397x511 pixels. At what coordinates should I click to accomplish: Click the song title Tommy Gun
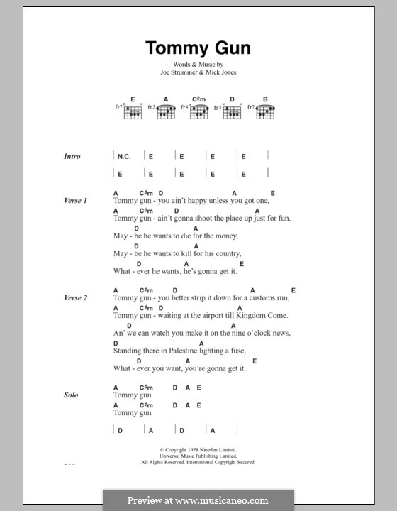click(198, 48)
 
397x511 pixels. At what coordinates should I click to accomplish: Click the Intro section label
click(72, 156)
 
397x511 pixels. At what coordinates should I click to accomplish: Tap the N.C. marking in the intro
click(125, 156)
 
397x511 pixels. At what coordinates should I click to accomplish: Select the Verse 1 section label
click(74, 202)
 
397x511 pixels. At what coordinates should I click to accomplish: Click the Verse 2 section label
click(74, 298)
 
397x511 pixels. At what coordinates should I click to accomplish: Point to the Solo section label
click(70, 395)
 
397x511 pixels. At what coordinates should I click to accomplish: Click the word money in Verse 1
click(223, 236)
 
